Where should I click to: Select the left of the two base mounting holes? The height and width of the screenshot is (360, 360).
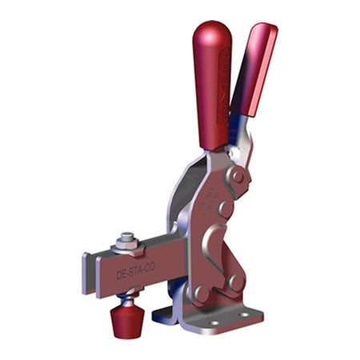tap(210, 326)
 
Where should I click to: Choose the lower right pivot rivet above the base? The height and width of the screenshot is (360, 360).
tap(234, 282)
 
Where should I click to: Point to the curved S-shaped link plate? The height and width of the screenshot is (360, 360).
tap(216, 256)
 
